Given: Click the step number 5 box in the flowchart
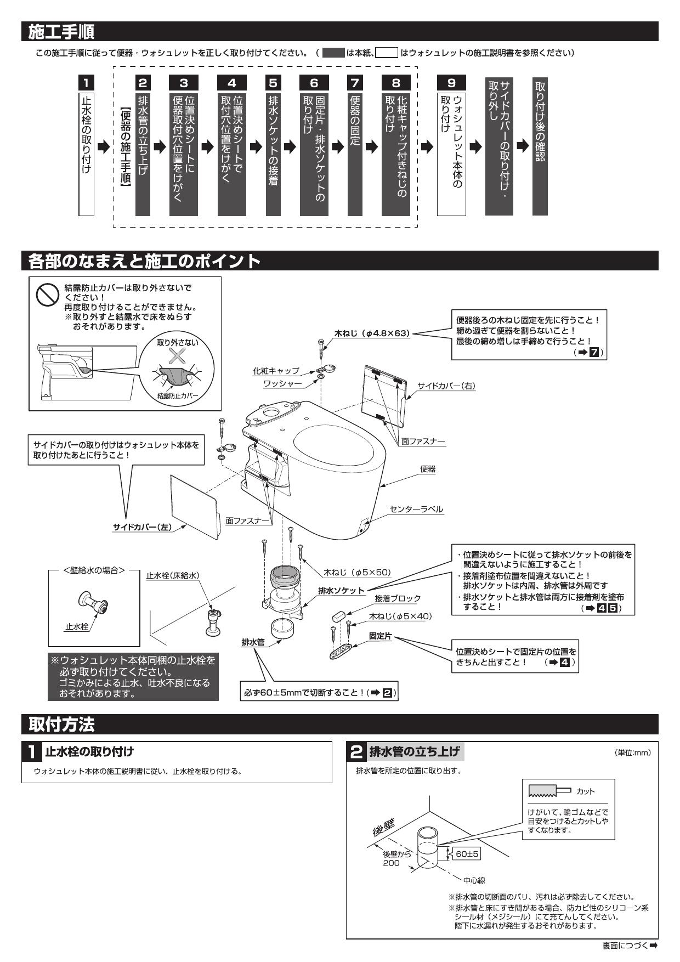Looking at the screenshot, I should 273,83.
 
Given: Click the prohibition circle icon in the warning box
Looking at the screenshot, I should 47,295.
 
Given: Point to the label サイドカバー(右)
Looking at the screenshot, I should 446,386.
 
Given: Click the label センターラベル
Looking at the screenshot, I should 416,509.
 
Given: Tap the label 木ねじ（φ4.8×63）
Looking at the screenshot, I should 372,333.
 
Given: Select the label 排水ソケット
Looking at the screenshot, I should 341,590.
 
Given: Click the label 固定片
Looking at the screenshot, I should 381,636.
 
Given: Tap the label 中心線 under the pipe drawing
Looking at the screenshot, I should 474,880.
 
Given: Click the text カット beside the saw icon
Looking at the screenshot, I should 585,791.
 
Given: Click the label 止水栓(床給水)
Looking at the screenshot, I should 172,575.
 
